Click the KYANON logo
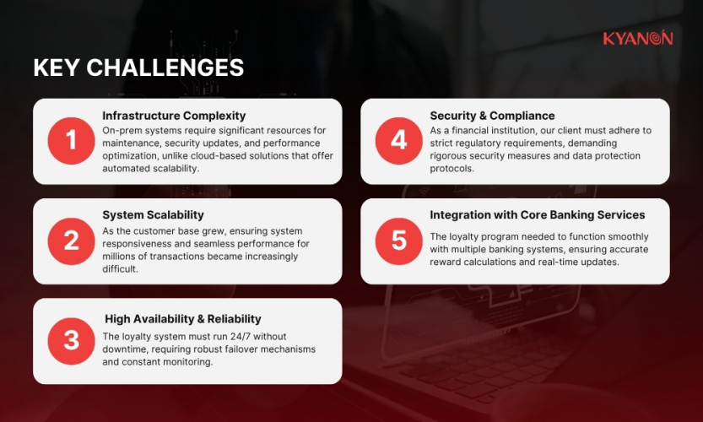tap(637, 38)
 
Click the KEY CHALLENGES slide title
tap(138, 68)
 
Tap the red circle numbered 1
tap(71, 141)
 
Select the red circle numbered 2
tap(71, 241)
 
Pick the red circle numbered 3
tap(71, 340)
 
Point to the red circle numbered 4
tap(398, 141)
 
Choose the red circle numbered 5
tap(398, 241)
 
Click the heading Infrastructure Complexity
tap(174, 116)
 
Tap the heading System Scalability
tap(153, 215)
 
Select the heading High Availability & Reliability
tap(182, 319)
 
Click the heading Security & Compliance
tap(492, 116)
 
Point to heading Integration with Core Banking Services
tap(537, 215)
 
